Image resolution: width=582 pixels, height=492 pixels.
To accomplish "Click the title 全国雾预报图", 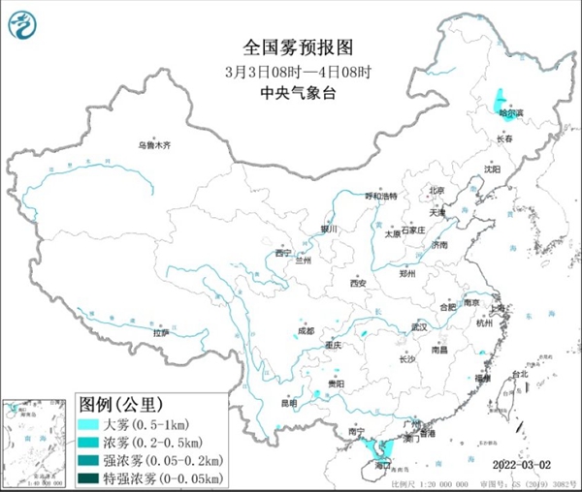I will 291,46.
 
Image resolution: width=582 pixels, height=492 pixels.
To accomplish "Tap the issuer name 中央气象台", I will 291,93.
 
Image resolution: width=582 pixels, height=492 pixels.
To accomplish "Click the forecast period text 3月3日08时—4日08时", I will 291,70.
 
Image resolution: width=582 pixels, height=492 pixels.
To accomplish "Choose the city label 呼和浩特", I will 381,196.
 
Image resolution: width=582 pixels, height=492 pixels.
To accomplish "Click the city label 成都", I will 307,331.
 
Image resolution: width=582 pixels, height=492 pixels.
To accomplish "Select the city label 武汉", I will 418,327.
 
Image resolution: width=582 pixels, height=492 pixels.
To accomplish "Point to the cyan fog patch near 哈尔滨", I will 501,99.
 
